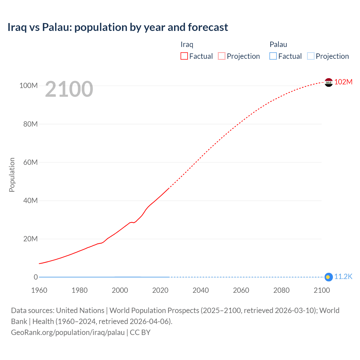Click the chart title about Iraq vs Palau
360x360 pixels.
coord(118,27)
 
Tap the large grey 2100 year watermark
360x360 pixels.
coord(69,89)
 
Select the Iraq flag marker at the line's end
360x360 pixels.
coord(328,82)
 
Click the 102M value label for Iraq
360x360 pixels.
coord(343,82)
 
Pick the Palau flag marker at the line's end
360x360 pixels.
coord(328,277)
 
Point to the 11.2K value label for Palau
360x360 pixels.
coord(343,277)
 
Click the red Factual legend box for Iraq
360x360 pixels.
coord(184,56)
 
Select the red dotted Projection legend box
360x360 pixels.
coord(222,56)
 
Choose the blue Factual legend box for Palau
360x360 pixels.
coord(273,56)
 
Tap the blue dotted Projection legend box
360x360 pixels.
coord(311,56)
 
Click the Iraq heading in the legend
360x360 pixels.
coord(187,44)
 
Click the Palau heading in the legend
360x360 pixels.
coord(278,44)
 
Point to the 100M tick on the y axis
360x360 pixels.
coord(28,85)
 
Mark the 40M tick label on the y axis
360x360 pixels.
coord(30,201)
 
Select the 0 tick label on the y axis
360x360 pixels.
coord(36,277)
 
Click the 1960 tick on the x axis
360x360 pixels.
coord(39,290)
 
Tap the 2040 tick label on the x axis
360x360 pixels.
coord(201,290)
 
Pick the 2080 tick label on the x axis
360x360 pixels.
coord(281,290)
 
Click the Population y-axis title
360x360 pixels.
coord(12,175)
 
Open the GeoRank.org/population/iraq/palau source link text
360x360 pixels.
coord(68,332)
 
